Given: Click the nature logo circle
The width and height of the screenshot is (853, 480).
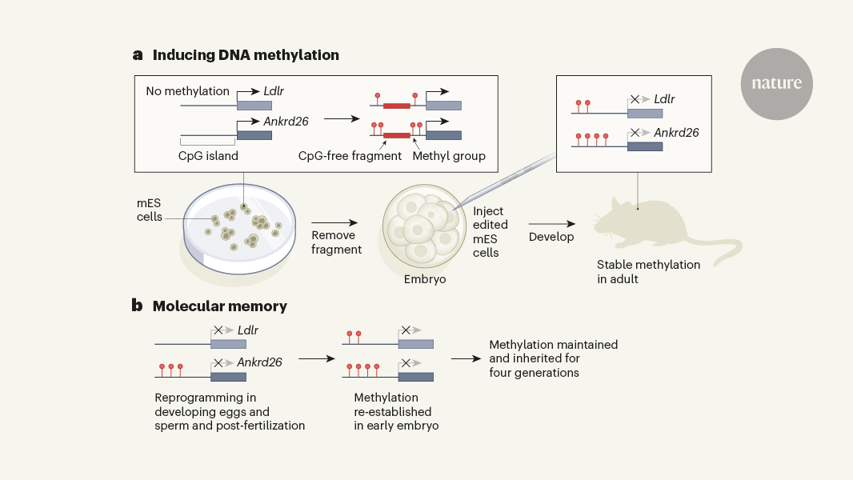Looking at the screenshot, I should click(776, 84).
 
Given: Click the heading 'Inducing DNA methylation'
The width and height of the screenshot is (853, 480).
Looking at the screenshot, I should click(246, 55).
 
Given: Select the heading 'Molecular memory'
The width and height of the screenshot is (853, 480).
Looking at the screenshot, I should click(219, 306).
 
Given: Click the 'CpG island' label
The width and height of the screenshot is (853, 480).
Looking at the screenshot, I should click(208, 156).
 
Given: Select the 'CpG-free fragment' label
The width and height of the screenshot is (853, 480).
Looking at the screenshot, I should click(350, 156).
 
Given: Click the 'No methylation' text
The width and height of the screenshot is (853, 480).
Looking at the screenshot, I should click(187, 91).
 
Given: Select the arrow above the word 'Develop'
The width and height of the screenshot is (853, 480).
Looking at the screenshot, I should click(551, 224).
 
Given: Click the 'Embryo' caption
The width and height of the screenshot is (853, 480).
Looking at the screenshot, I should click(425, 279).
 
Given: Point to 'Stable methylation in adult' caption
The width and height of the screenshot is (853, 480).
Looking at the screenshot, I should click(648, 271).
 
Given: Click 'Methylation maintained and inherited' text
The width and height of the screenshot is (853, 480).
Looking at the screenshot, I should click(553, 358).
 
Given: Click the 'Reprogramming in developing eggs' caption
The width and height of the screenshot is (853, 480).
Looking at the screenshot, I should click(230, 411).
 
